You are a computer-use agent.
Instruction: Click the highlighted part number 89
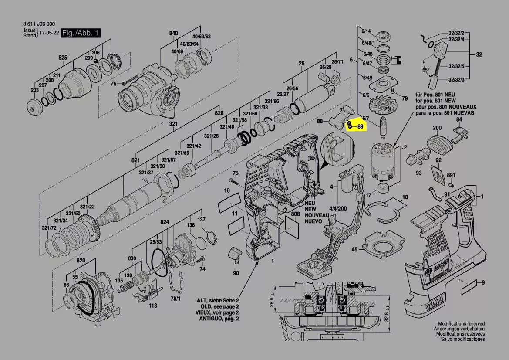(x=361, y=127)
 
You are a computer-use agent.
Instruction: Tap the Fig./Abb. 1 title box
(x=81, y=33)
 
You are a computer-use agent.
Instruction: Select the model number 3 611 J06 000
(x=39, y=24)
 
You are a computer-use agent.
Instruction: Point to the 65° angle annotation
(x=425, y=70)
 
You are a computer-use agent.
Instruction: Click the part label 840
(x=173, y=33)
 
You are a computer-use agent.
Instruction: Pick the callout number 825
(x=63, y=58)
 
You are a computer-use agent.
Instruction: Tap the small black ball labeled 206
(x=96, y=61)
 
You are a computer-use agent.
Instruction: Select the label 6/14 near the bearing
(x=366, y=31)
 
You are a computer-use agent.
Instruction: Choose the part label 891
(x=451, y=175)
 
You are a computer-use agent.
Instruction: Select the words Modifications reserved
(x=461, y=324)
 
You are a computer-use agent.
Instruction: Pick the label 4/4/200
(x=338, y=209)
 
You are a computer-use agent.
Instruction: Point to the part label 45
(x=354, y=250)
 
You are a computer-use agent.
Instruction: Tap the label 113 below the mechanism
(x=152, y=306)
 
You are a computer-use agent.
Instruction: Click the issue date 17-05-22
(x=49, y=33)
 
